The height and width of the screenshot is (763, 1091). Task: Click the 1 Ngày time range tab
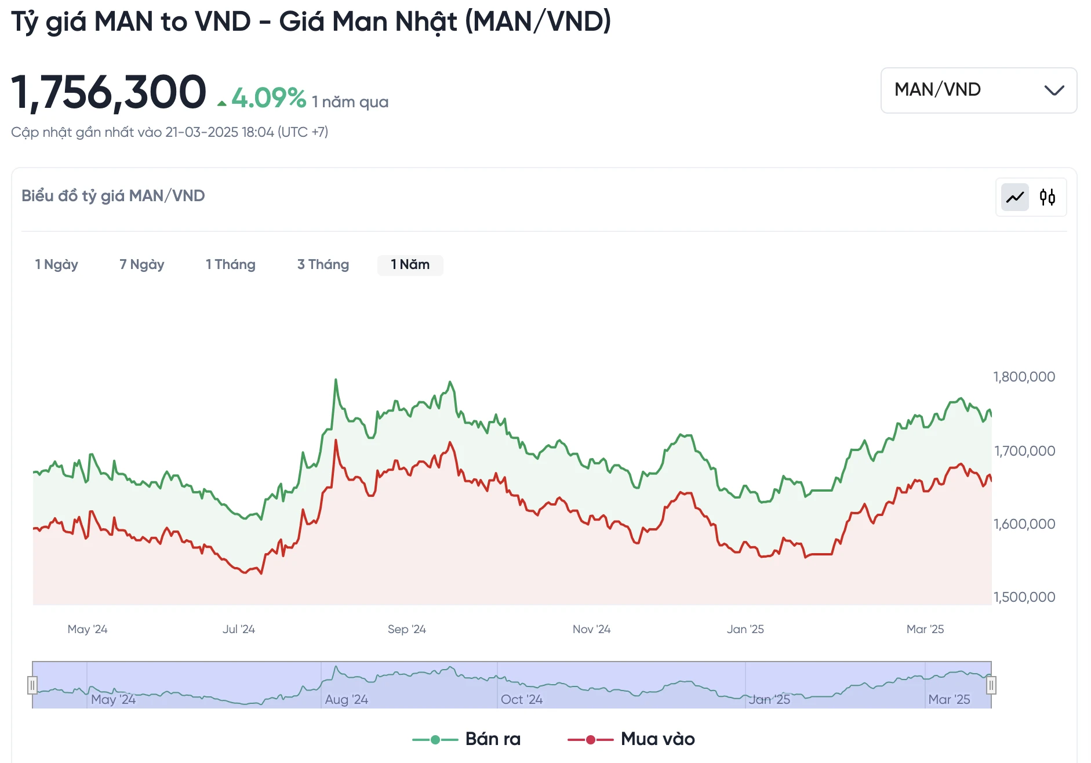coord(56,265)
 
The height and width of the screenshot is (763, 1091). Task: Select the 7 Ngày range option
coord(141,265)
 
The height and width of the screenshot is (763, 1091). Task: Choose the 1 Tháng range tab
coord(230,265)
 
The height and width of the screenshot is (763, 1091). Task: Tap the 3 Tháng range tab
coord(323,265)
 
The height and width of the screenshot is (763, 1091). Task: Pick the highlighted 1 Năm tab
coord(410,265)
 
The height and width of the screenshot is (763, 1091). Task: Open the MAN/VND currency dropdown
coord(979,90)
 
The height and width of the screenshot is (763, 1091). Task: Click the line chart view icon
coord(1015,198)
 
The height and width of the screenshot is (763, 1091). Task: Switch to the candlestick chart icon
coord(1048,198)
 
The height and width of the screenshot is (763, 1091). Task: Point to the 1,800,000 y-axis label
coord(1024,377)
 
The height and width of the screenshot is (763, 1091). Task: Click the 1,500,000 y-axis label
coord(1024,597)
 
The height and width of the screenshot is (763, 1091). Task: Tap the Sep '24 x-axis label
coord(406,629)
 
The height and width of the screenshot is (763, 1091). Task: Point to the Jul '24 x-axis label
coord(238,629)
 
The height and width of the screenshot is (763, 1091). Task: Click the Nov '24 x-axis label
coord(591,629)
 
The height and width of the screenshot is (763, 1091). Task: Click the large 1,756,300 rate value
coord(108,92)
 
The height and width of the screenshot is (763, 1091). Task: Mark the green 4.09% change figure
coord(268,98)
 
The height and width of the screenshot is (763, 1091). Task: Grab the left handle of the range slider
coord(32,685)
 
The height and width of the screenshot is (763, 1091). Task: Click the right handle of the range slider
coord(991,685)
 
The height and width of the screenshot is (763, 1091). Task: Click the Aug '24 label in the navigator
coord(346,699)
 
